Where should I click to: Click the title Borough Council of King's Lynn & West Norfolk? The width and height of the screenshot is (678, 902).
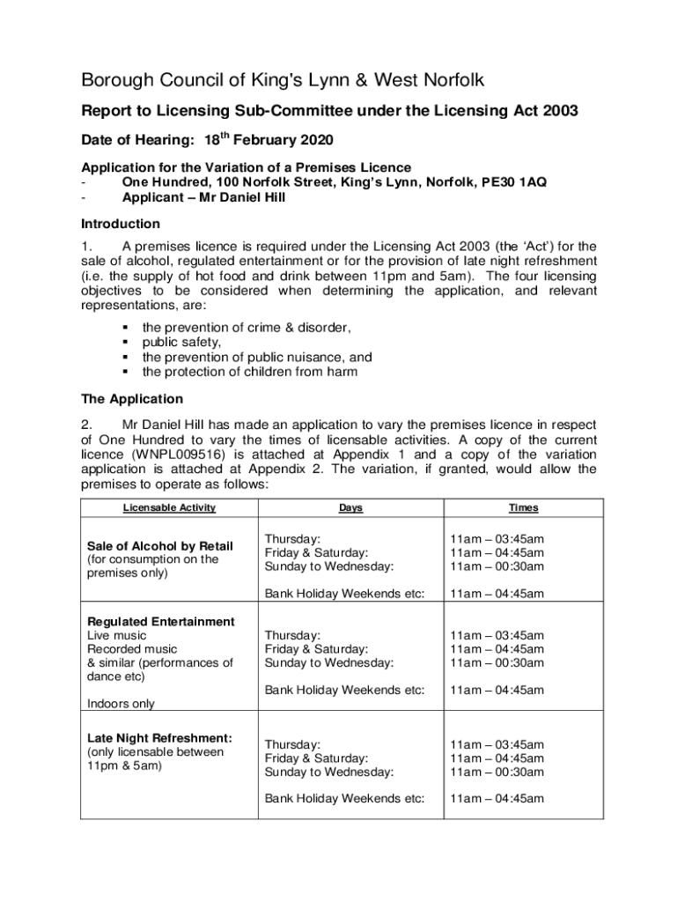(x=283, y=82)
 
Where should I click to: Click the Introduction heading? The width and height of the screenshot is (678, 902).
(x=121, y=224)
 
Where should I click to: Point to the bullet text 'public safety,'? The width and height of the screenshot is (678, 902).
(x=182, y=342)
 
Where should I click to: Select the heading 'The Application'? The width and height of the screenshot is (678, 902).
(x=132, y=399)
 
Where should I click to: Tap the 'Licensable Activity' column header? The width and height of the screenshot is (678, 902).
(x=169, y=508)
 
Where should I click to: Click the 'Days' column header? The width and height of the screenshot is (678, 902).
(x=350, y=508)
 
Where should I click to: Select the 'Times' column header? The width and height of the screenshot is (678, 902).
(x=523, y=508)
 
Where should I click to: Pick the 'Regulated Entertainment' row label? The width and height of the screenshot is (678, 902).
(x=161, y=622)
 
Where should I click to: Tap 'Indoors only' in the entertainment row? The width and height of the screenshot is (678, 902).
(x=122, y=704)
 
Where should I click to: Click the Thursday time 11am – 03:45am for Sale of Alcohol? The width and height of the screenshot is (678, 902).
(x=497, y=539)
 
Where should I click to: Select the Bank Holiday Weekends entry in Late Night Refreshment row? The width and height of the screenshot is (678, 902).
(x=345, y=799)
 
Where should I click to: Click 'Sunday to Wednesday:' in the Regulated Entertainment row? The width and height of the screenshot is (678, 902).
(x=329, y=662)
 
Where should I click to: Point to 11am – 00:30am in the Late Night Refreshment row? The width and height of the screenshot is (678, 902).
(x=497, y=773)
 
